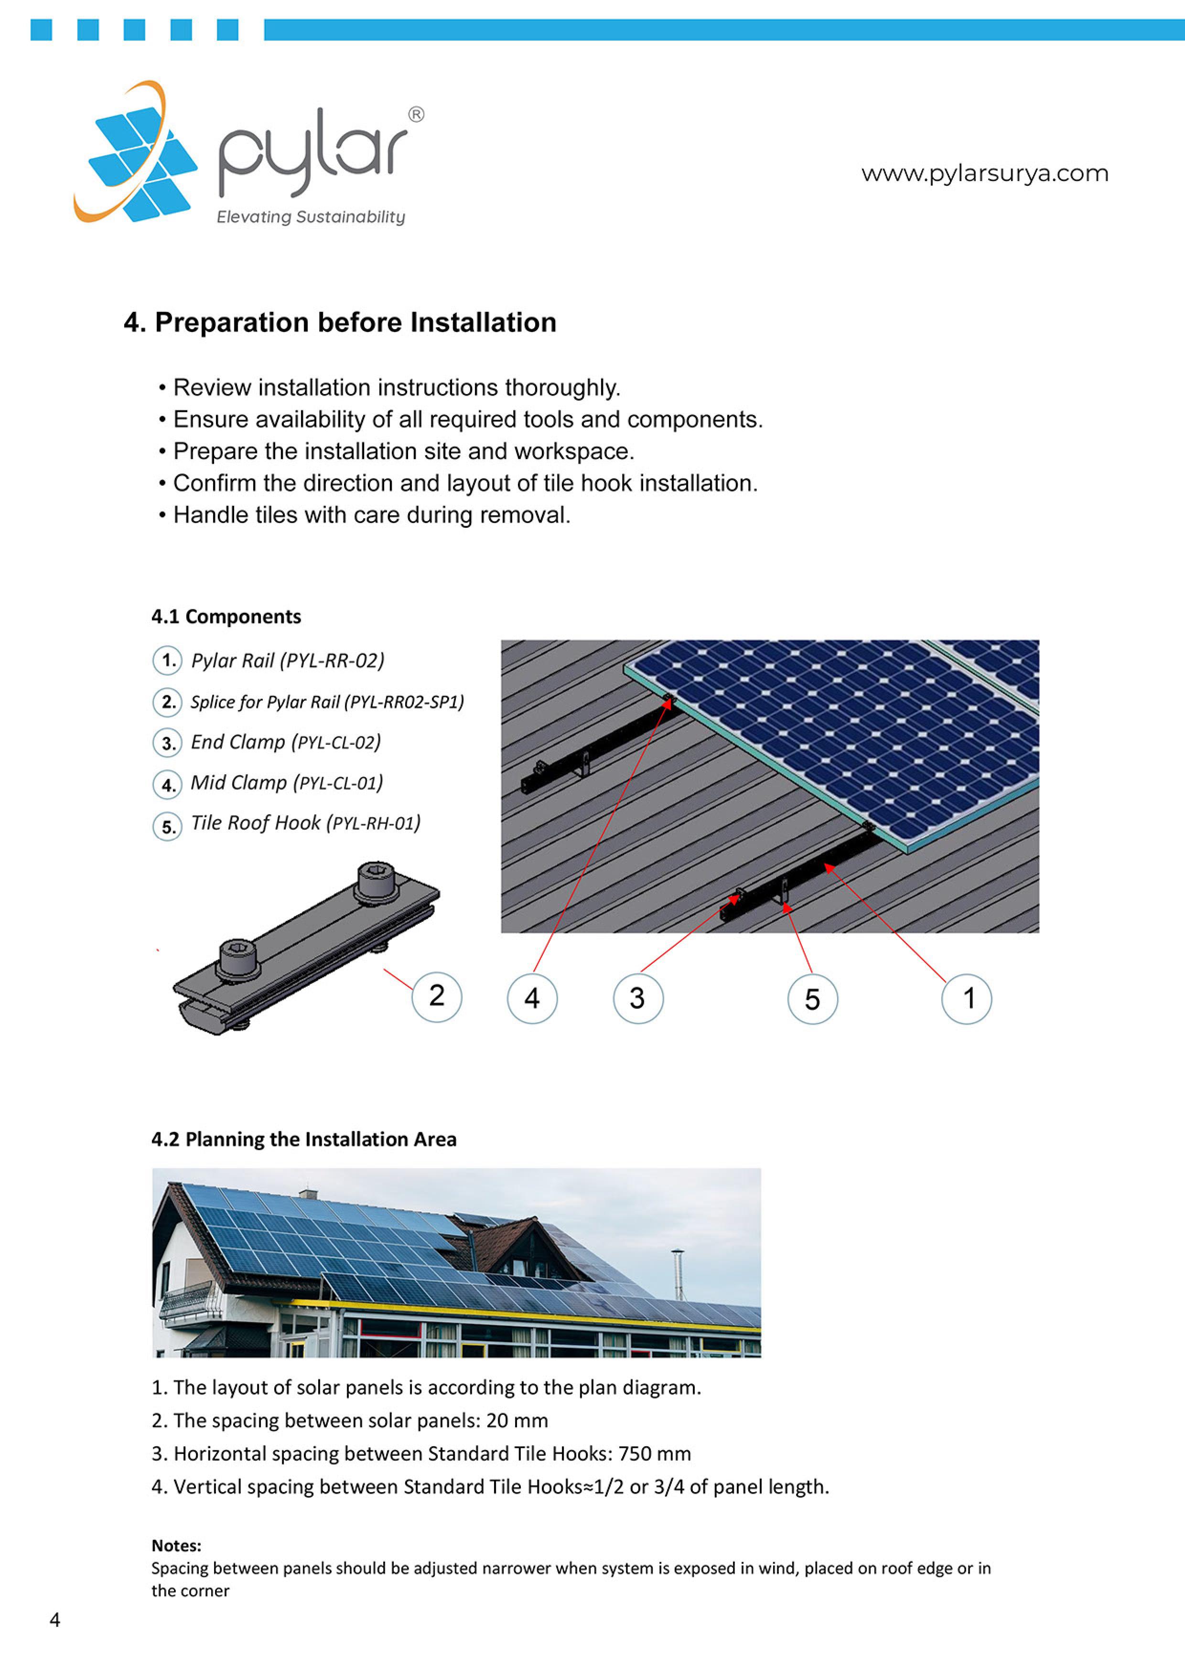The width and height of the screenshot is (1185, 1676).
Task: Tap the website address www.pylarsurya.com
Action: point(984,174)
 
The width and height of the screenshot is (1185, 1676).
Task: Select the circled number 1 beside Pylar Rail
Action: point(167,661)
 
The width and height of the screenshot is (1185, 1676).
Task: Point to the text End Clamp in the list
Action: point(238,742)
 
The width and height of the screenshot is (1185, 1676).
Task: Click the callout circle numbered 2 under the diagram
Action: point(437,996)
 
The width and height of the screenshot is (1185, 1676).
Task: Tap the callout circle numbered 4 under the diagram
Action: point(532,999)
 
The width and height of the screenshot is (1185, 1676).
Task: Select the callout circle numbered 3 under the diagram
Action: point(637,999)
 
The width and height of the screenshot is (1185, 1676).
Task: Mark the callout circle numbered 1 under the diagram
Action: point(967,999)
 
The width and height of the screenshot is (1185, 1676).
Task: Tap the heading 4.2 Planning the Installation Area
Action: point(304,1140)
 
